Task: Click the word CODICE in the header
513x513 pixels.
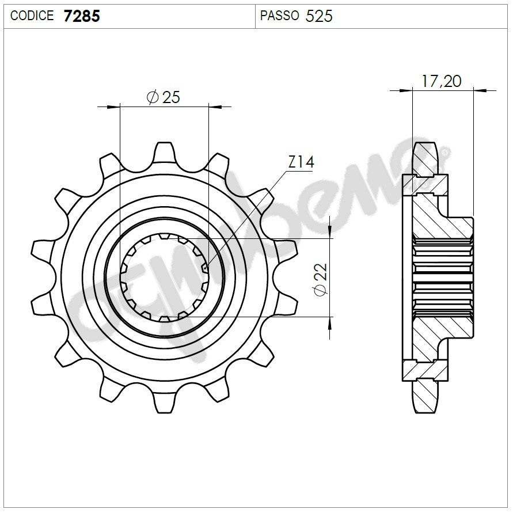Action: (32, 16)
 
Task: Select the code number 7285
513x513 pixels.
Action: (81, 16)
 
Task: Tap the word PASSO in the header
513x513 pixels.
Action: (279, 16)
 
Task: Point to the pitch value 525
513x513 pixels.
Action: (319, 16)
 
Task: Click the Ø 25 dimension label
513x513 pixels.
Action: (164, 97)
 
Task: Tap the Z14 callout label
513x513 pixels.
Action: (301, 163)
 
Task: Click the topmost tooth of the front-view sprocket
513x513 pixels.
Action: (165, 151)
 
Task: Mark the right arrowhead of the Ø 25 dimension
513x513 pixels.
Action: (214, 107)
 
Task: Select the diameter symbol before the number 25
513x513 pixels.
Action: (153, 97)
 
